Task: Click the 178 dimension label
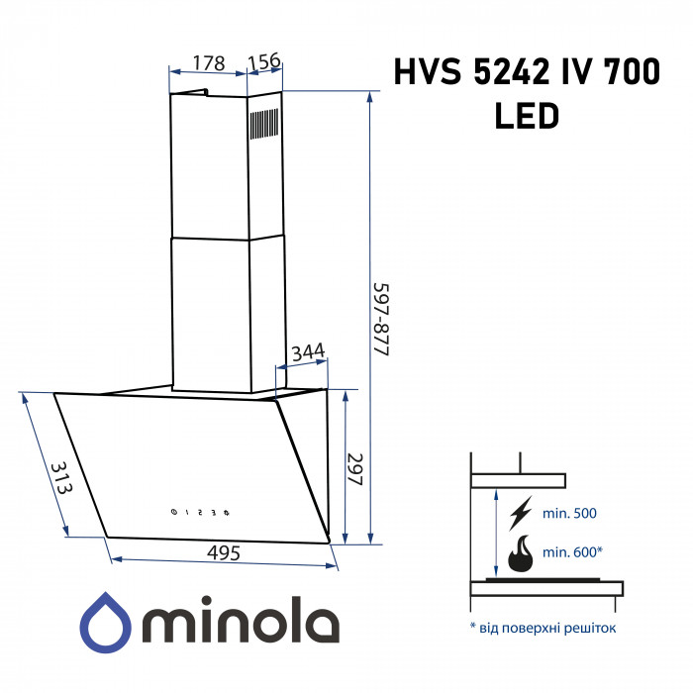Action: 206,62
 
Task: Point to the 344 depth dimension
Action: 308,352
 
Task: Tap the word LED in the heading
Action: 526,117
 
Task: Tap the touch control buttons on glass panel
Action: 200,512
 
